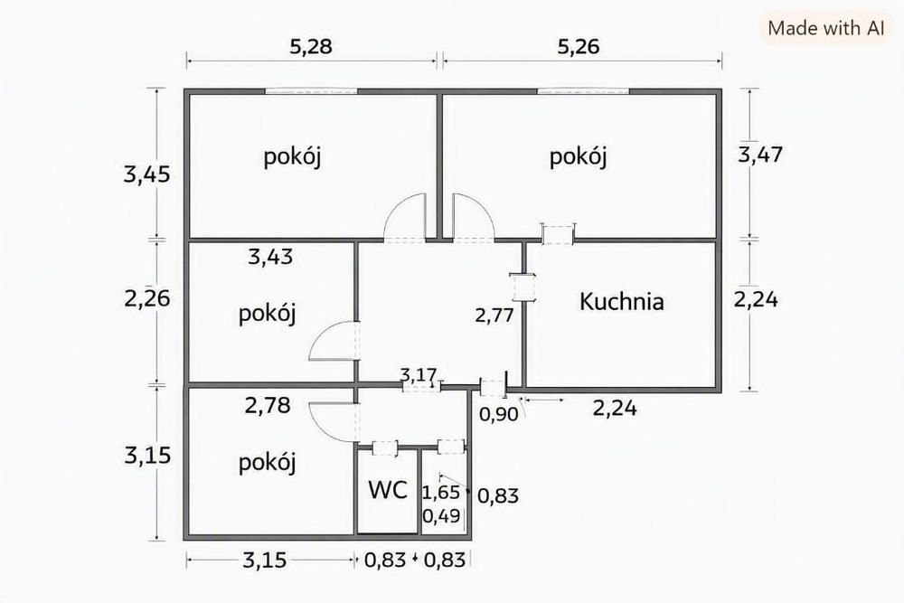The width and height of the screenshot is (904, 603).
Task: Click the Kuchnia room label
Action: [622, 302]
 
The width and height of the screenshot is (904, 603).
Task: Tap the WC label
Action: [388, 490]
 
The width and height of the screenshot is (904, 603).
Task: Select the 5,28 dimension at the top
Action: [311, 46]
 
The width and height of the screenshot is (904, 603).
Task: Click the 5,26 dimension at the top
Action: [579, 46]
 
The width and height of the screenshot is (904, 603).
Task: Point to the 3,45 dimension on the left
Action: [147, 174]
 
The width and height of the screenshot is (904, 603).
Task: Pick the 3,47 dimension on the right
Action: [760, 155]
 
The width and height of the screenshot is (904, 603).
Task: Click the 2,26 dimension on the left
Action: [147, 298]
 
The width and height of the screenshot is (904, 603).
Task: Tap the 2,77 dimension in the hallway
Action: [494, 315]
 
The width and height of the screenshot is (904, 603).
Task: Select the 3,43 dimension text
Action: [270, 257]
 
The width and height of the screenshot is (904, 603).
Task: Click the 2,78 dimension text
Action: [268, 405]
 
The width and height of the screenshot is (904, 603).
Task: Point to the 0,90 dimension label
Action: [499, 414]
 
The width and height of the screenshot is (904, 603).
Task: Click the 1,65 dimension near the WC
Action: [441, 493]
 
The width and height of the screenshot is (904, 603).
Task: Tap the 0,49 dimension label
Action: [441, 515]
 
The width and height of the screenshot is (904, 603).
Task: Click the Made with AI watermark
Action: [826, 28]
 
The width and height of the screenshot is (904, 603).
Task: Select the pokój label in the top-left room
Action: [292, 156]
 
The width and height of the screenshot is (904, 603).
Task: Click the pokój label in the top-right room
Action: [578, 156]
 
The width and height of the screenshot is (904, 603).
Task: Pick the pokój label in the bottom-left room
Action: [267, 462]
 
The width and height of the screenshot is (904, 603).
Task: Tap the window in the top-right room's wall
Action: [583, 91]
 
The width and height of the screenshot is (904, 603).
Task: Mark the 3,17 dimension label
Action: [419, 375]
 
